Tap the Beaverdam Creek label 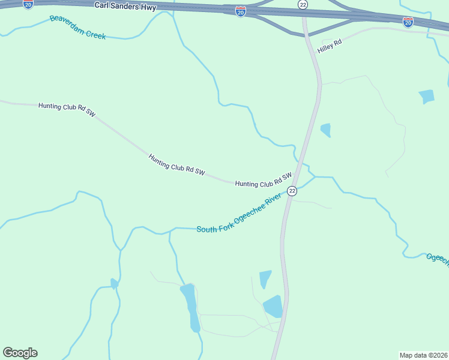coord(77,28)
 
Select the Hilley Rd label coord(330,46)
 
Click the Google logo coord(20,353)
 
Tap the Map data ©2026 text coord(423,355)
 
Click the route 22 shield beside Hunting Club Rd coord(292,191)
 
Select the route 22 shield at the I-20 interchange coord(303,4)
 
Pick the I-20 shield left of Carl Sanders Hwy coord(28,4)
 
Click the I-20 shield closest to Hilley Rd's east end coord(408,22)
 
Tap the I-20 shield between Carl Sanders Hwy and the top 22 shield coord(240,11)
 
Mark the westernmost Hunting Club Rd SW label coord(67,109)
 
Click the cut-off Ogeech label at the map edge coord(438,259)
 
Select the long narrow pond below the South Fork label coord(191,306)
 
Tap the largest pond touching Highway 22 coord(274,306)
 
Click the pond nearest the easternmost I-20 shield coord(426,96)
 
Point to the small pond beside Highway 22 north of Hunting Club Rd coord(326,130)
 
